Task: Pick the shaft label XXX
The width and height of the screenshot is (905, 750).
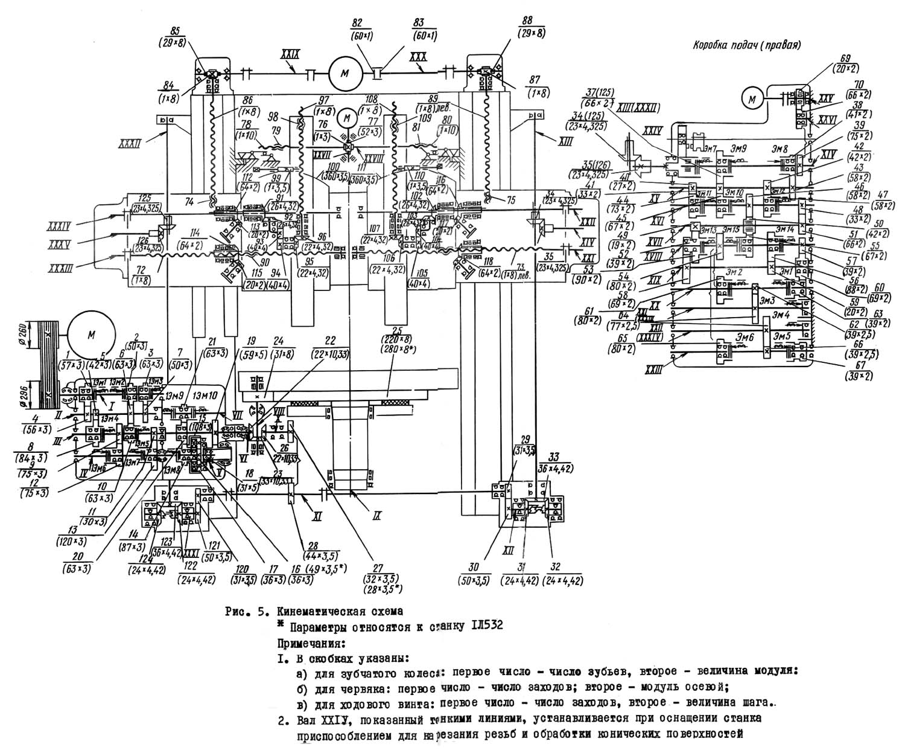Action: point(417,55)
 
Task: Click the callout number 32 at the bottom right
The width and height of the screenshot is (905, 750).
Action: point(562,568)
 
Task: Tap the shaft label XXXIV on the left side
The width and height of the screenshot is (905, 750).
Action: point(59,227)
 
